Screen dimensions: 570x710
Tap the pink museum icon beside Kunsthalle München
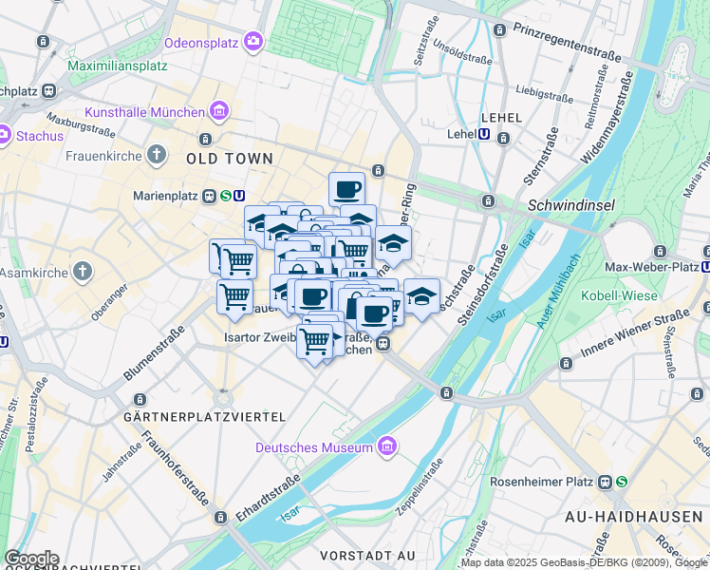(219, 111)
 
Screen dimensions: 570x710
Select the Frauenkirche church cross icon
(157, 155)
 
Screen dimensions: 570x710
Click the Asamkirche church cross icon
(83, 272)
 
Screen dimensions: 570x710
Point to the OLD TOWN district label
(230, 159)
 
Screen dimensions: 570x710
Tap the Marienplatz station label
(174, 197)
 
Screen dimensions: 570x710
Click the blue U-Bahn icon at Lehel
(484, 136)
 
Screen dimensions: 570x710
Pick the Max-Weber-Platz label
(651, 267)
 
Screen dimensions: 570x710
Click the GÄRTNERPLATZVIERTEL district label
(205, 417)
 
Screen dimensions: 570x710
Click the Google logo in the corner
(30, 559)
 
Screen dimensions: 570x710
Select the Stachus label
(40, 136)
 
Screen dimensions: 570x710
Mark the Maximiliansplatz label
(118, 66)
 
